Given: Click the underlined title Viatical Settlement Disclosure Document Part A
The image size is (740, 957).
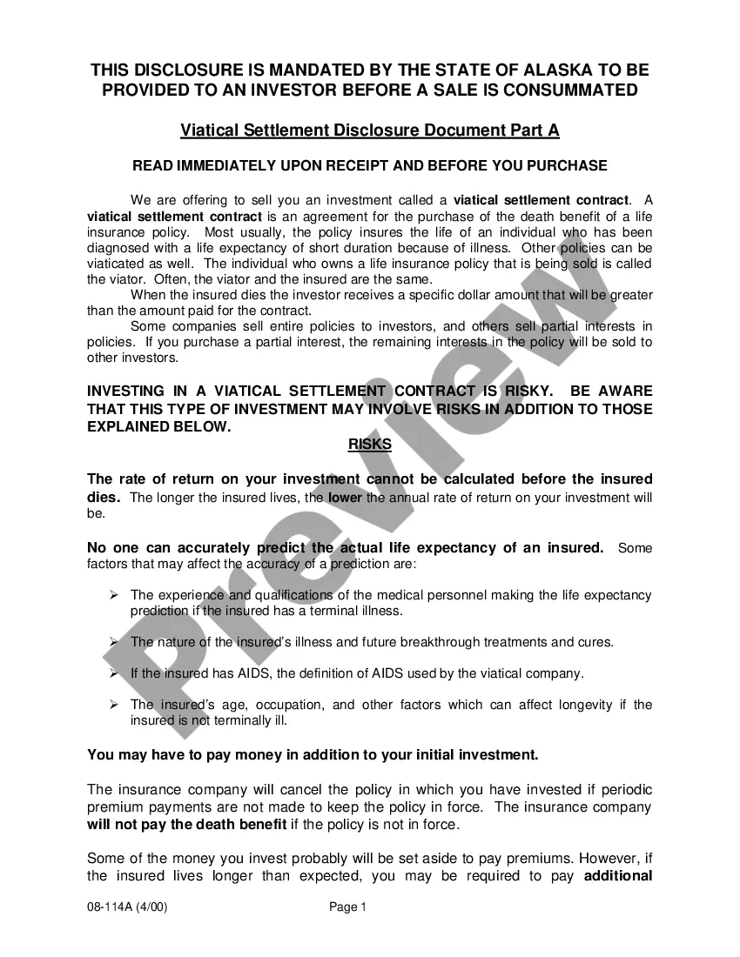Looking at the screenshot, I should click(x=370, y=130).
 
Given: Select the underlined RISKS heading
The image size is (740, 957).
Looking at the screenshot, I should click(x=370, y=445).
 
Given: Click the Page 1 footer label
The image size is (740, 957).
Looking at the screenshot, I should click(x=348, y=907).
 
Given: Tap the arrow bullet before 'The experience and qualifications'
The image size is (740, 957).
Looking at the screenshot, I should click(x=113, y=595).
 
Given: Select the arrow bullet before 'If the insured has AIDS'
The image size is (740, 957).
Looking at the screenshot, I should click(x=113, y=673).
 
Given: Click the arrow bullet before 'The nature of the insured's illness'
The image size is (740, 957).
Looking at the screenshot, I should click(x=113, y=642).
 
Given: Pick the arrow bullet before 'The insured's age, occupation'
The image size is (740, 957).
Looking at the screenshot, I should click(x=113, y=705).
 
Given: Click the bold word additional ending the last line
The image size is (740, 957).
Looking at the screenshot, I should click(x=618, y=875).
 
